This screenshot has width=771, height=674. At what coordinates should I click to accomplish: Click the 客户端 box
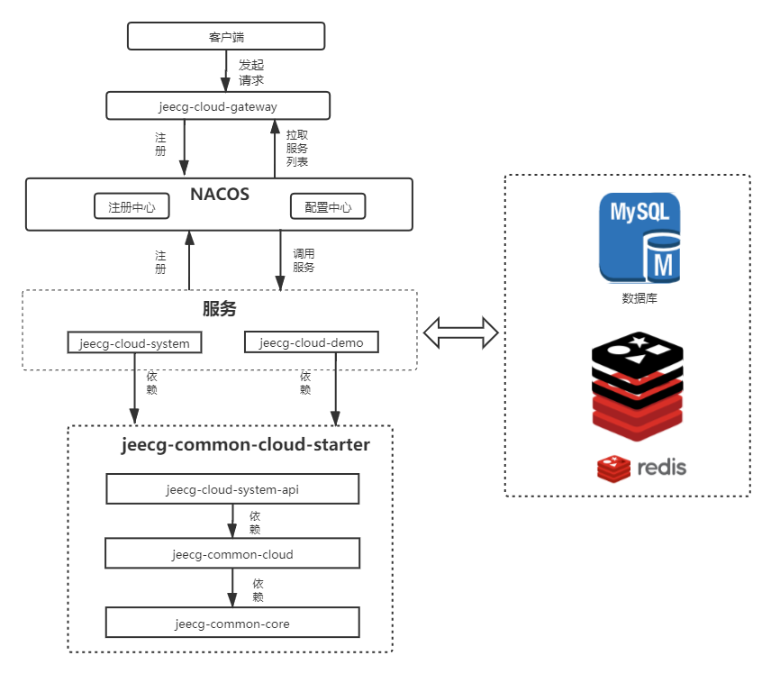pyautogui.click(x=226, y=36)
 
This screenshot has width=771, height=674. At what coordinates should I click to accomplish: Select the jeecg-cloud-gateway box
pyautogui.click(x=218, y=105)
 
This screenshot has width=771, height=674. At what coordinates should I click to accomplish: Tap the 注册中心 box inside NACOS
pyautogui.click(x=132, y=206)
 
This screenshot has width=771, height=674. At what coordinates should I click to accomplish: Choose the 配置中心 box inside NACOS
pyautogui.click(x=328, y=206)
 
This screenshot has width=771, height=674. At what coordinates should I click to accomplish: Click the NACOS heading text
pyautogui.click(x=220, y=195)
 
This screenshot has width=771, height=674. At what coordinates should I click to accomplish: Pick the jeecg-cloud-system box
pyautogui.click(x=135, y=342)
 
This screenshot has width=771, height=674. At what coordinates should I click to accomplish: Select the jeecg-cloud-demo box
pyautogui.click(x=312, y=342)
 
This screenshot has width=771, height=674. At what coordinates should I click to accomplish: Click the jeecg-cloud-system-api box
pyautogui.click(x=232, y=488)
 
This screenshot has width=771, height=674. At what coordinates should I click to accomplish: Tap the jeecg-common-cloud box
pyautogui.click(x=232, y=553)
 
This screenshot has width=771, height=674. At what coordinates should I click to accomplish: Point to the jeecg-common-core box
pyautogui.click(x=232, y=623)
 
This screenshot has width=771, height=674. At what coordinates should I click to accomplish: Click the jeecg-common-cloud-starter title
pyautogui.click(x=245, y=445)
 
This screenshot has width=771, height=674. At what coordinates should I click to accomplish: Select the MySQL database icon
pyautogui.click(x=639, y=238)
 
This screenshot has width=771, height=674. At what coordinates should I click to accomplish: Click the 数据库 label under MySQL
pyautogui.click(x=639, y=298)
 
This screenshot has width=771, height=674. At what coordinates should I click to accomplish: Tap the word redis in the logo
pyautogui.click(x=661, y=468)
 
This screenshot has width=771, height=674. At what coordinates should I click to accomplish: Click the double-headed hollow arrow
pyautogui.click(x=461, y=333)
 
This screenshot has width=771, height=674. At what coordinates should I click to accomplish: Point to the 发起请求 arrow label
pyautogui.click(x=251, y=72)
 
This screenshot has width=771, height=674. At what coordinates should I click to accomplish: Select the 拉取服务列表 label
pyautogui.click(x=297, y=148)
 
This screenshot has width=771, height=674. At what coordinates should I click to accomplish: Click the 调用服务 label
pyautogui.click(x=304, y=260)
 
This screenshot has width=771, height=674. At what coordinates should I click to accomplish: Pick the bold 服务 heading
pyautogui.click(x=219, y=308)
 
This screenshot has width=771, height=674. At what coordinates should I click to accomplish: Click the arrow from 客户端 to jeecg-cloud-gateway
pyautogui.click(x=226, y=71)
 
